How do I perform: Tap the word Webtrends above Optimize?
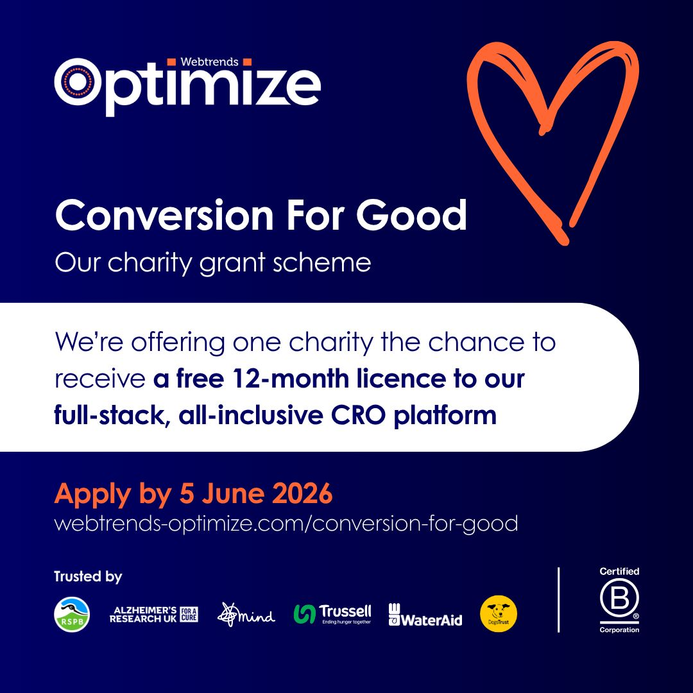pyautogui.click(x=210, y=62)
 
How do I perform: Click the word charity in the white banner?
pyautogui.click(x=330, y=342)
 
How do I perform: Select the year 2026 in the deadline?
pyautogui.click(x=302, y=494)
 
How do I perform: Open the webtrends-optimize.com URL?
pyautogui.click(x=286, y=523)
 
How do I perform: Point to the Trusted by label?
pyautogui.click(x=88, y=577)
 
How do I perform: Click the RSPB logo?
pyautogui.click(x=72, y=614)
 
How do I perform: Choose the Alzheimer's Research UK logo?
pyautogui.click(x=154, y=614)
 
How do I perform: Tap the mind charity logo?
pyautogui.click(x=246, y=615)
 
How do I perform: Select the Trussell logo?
pyautogui.click(x=332, y=614)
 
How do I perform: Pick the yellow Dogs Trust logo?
pyautogui.click(x=499, y=614)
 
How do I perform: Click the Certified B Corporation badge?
pyautogui.click(x=619, y=600)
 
